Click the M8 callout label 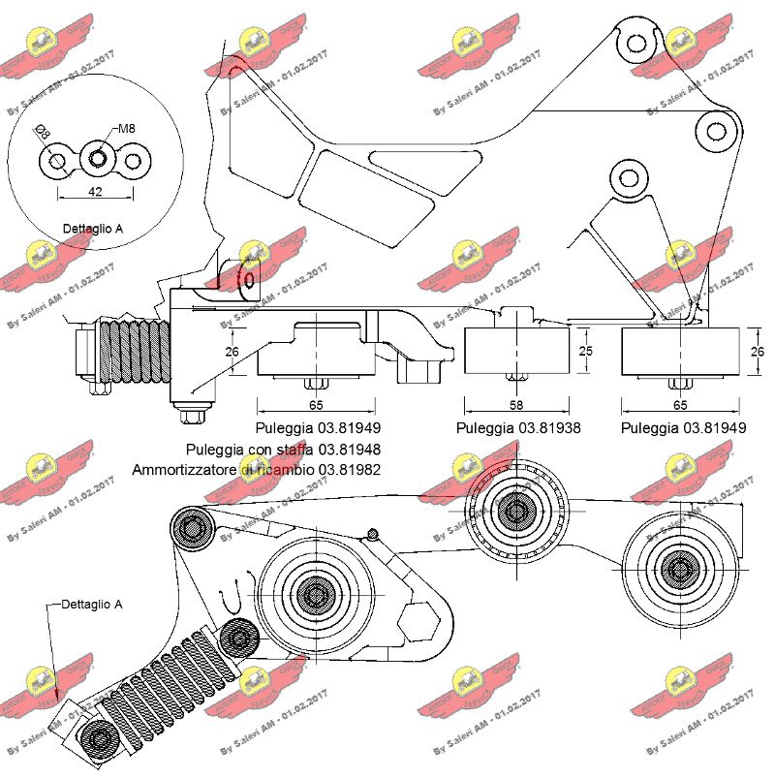[x=128, y=128]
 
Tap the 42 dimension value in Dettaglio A [x=95, y=192]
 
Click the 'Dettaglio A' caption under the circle [x=93, y=230]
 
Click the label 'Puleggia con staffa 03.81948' [x=283, y=449]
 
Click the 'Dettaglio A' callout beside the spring [x=92, y=604]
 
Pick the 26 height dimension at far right [x=758, y=352]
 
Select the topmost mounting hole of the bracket [x=634, y=42]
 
